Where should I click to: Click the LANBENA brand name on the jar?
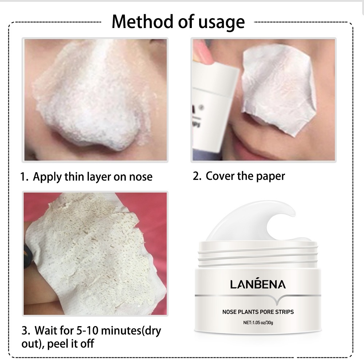(x=258, y=284)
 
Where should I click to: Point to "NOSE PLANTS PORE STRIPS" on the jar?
(x=258, y=312)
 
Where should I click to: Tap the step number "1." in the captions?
(x=24, y=177)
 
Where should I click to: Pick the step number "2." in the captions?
(x=197, y=177)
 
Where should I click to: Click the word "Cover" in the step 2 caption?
(x=220, y=177)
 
